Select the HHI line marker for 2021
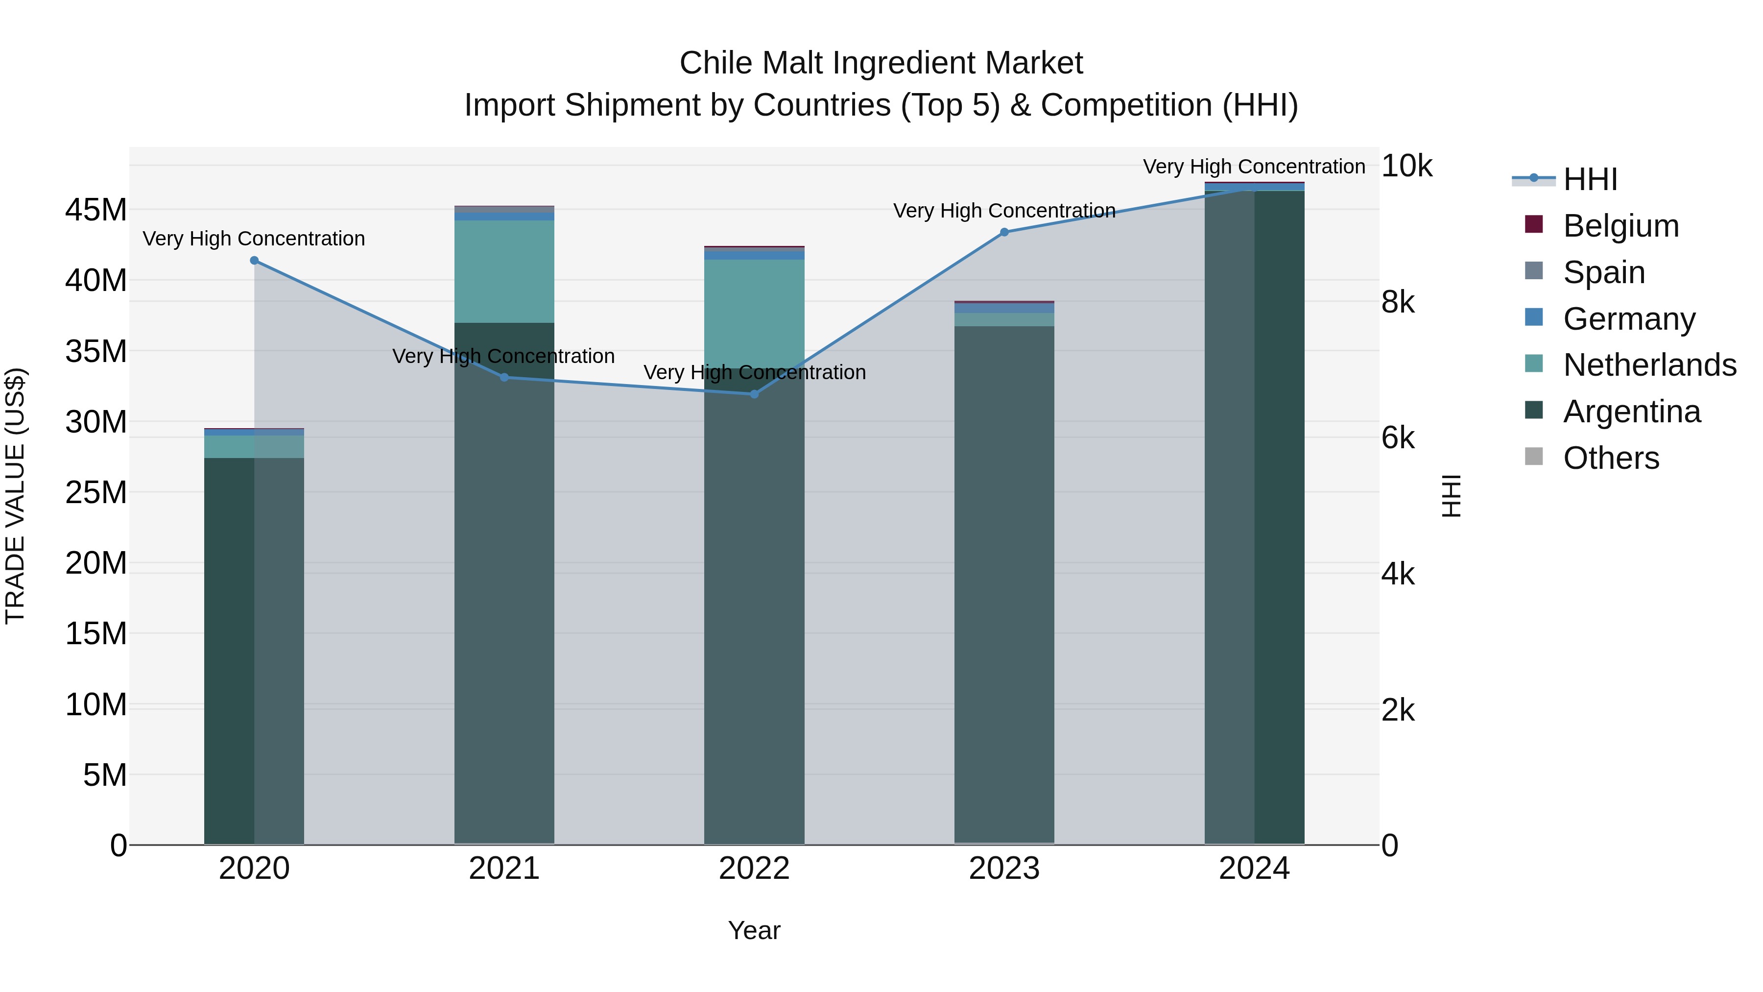(504, 377)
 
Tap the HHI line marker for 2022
(754, 394)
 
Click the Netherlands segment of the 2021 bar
(504, 270)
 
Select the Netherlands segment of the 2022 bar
(754, 312)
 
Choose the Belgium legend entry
(1620, 226)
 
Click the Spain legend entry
(1603, 272)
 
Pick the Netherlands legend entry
(1649, 365)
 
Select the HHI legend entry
(1589, 179)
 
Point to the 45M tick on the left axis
(96, 210)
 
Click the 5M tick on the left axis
(105, 775)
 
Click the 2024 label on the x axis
(1254, 869)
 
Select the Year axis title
(754, 930)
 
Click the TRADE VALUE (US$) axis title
(15, 496)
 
